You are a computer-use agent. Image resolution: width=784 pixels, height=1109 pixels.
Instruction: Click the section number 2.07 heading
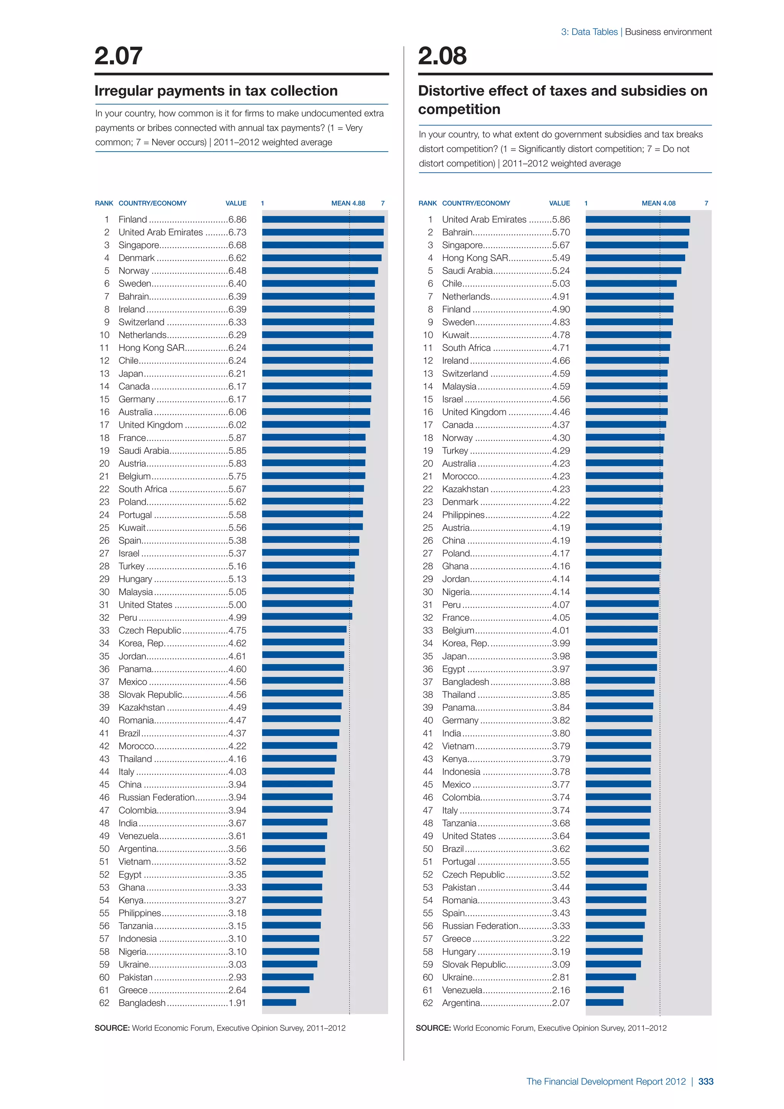click(118, 56)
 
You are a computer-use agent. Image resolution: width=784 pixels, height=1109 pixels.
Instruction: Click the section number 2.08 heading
click(442, 56)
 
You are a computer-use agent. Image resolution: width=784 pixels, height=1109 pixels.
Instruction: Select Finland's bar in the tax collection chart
click(323, 219)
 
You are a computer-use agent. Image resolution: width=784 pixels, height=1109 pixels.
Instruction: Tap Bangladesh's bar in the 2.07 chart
click(279, 1003)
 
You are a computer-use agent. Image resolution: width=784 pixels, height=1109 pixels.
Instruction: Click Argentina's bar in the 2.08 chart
click(604, 1003)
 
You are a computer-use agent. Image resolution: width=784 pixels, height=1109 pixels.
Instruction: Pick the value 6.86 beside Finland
click(237, 219)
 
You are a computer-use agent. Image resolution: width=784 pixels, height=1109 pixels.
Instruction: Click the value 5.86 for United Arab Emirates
click(561, 219)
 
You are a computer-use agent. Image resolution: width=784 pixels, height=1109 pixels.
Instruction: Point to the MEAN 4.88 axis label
click(348, 203)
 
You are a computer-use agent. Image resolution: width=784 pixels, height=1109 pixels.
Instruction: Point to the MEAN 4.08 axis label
click(658, 203)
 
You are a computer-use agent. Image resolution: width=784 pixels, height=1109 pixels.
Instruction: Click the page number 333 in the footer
click(706, 1081)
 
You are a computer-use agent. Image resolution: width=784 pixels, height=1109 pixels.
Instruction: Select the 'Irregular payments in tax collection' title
click(216, 91)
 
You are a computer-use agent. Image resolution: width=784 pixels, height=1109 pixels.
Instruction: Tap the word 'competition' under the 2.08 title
click(459, 110)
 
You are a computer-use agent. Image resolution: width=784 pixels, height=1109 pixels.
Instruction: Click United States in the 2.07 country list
click(145, 605)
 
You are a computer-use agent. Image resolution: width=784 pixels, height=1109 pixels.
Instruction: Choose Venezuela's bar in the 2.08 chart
click(604, 990)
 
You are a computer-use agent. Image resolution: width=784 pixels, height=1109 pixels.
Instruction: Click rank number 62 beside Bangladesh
click(104, 1003)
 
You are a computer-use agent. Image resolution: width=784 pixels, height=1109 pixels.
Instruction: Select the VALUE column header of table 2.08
click(560, 203)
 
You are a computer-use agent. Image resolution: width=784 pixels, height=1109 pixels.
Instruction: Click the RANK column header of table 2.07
click(104, 203)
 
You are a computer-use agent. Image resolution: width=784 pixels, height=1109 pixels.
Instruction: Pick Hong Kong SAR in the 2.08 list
click(475, 258)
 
